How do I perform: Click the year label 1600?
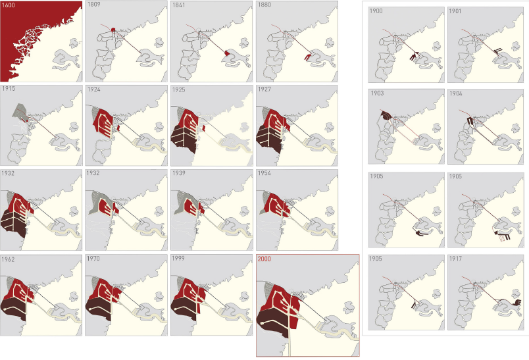[9, 5]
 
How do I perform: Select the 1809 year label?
[93, 5]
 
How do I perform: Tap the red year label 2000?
[264, 259]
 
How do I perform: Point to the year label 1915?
[9, 89]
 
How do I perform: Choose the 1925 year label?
[179, 90]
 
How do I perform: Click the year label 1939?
[179, 173]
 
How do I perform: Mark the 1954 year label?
[264, 173]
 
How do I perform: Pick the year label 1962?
[8, 259]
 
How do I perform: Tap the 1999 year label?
[178, 259]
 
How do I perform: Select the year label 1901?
[455, 11]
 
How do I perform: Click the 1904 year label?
[456, 93]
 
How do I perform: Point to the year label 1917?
[455, 259]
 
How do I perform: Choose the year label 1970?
[93, 259]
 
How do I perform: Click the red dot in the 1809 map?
[113, 30]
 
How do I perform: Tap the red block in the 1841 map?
[228, 53]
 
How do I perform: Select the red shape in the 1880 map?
[308, 57]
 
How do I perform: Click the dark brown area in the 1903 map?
[386, 115]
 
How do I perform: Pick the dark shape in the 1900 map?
[414, 56]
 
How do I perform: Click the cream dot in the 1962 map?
[5, 309]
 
